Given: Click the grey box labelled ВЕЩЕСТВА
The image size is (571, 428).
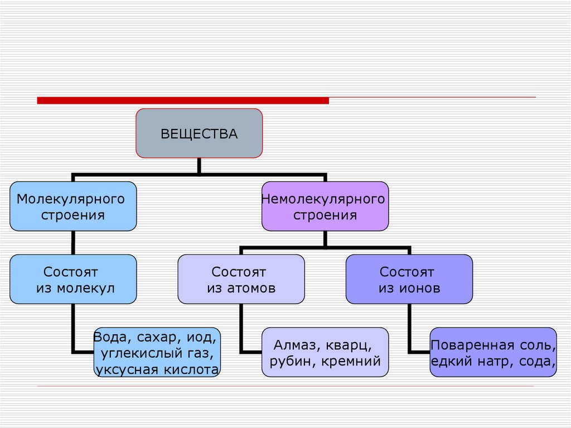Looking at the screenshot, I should [199, 133].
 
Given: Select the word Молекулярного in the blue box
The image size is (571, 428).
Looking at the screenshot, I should [70, 199].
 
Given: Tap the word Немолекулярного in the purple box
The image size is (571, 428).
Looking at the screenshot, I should [323, 199].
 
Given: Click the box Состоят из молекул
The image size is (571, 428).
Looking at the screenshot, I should [73, 279].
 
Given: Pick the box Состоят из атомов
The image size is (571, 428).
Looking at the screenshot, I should [241, 279].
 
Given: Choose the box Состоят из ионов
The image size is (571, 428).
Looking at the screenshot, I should [409, 279].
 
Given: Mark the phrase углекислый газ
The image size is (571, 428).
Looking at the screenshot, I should [157, 353].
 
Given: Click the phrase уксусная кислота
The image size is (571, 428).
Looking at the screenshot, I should [157, 369].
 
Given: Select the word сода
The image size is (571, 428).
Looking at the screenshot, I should [536, 361].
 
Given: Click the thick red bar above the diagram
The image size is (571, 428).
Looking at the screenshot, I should [183, 100].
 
